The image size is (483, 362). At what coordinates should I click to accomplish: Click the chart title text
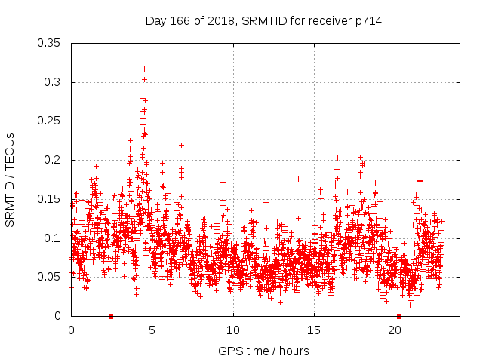click(263, 21)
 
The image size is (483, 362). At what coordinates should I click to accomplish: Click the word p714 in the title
click(368, 21)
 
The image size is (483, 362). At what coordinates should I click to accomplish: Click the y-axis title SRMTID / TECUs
click(10, 180)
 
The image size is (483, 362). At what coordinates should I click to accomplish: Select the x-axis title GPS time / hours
click(263, 351)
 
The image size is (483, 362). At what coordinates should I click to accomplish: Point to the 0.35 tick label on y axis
click(50, 43)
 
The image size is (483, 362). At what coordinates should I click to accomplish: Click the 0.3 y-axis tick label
click(53, 82)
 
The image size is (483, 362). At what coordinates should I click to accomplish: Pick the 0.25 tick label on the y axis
click(50, 121)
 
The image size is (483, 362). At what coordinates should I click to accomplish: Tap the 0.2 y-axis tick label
click(53, 160)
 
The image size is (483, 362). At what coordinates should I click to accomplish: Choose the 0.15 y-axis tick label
click(50, 199)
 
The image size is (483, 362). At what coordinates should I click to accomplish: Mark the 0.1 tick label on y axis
click(53, 238)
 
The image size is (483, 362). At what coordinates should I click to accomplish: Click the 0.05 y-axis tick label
click(50, 277)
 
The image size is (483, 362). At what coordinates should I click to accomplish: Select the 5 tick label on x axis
click(152, 330)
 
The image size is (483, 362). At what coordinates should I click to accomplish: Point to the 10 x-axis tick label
click(233, 330)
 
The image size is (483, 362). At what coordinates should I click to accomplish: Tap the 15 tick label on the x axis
click(315, 330)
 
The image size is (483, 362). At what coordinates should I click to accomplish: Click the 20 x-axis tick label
click(395, 330)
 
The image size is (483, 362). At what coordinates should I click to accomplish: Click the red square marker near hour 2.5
click(111, 316)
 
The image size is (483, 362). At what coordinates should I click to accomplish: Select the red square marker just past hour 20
click(399, 316)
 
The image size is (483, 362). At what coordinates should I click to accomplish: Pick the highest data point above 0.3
click(144, 69)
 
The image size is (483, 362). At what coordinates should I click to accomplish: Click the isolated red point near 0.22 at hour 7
click(181, 145)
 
